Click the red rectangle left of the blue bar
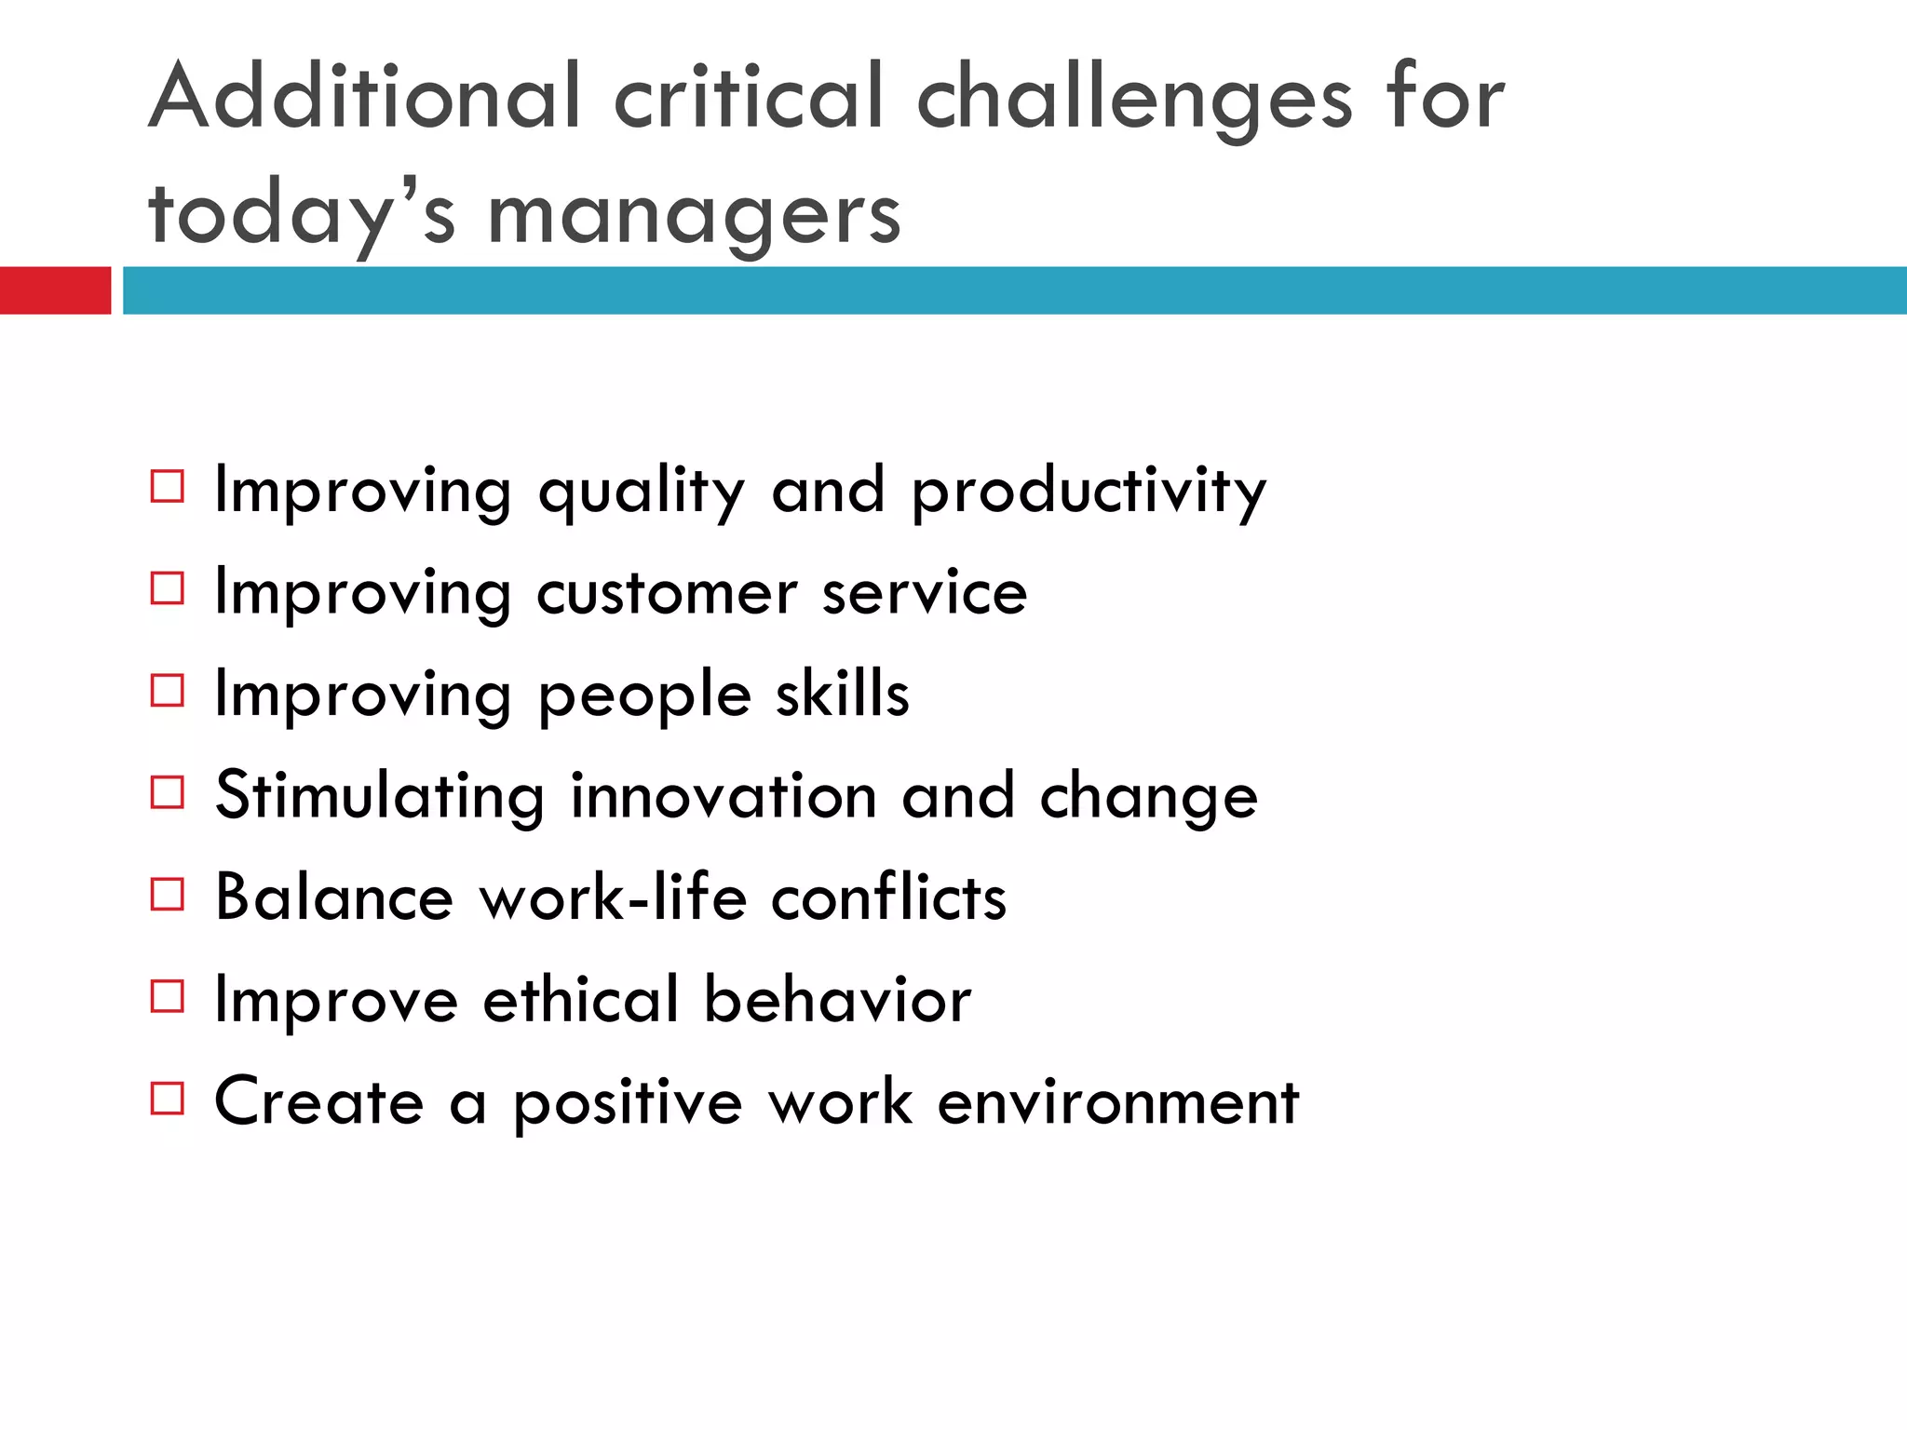click(55, 290)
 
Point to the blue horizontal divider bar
click(1015, 290)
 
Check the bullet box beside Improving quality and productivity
click(168, 486)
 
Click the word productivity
click(1089, 492)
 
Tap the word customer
click(667, 593)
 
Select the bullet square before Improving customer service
click(168, 588)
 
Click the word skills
click(843, 694)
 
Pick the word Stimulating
click(379, 797)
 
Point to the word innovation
click(724, 796)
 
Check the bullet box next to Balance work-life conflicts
click(168, 894)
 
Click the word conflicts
click(889, 898)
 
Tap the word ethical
click(581, 1000)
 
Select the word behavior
click(837, 1000)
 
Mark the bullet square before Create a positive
click(168, 1098)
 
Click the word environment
click(1117, 1102)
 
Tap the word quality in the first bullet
click(642, 492)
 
